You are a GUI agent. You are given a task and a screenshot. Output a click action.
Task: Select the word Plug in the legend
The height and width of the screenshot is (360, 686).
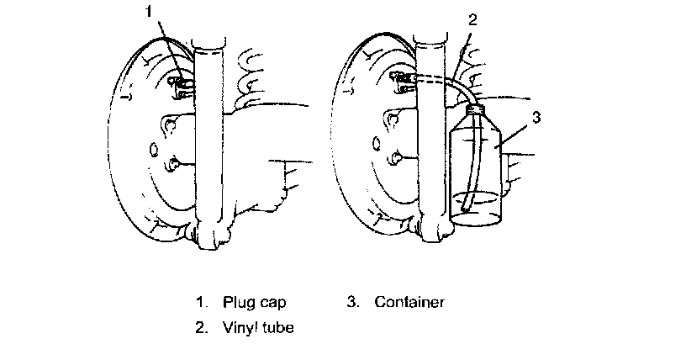click(238, 301)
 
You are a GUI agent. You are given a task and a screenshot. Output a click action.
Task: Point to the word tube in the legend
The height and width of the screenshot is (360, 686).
click(277, 327)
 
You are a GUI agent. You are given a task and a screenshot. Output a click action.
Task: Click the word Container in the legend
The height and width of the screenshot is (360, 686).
click(409, 301)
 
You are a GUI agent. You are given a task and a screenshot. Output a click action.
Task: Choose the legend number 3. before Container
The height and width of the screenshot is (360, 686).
click(353, 301)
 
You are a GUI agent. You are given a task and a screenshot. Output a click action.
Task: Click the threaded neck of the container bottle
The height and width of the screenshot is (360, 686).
click(477, 107)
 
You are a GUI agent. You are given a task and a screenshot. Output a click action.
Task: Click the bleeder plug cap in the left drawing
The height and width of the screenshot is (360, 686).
click(179, 84)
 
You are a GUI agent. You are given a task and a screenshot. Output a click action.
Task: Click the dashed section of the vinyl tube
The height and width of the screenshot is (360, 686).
click(433, 79)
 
